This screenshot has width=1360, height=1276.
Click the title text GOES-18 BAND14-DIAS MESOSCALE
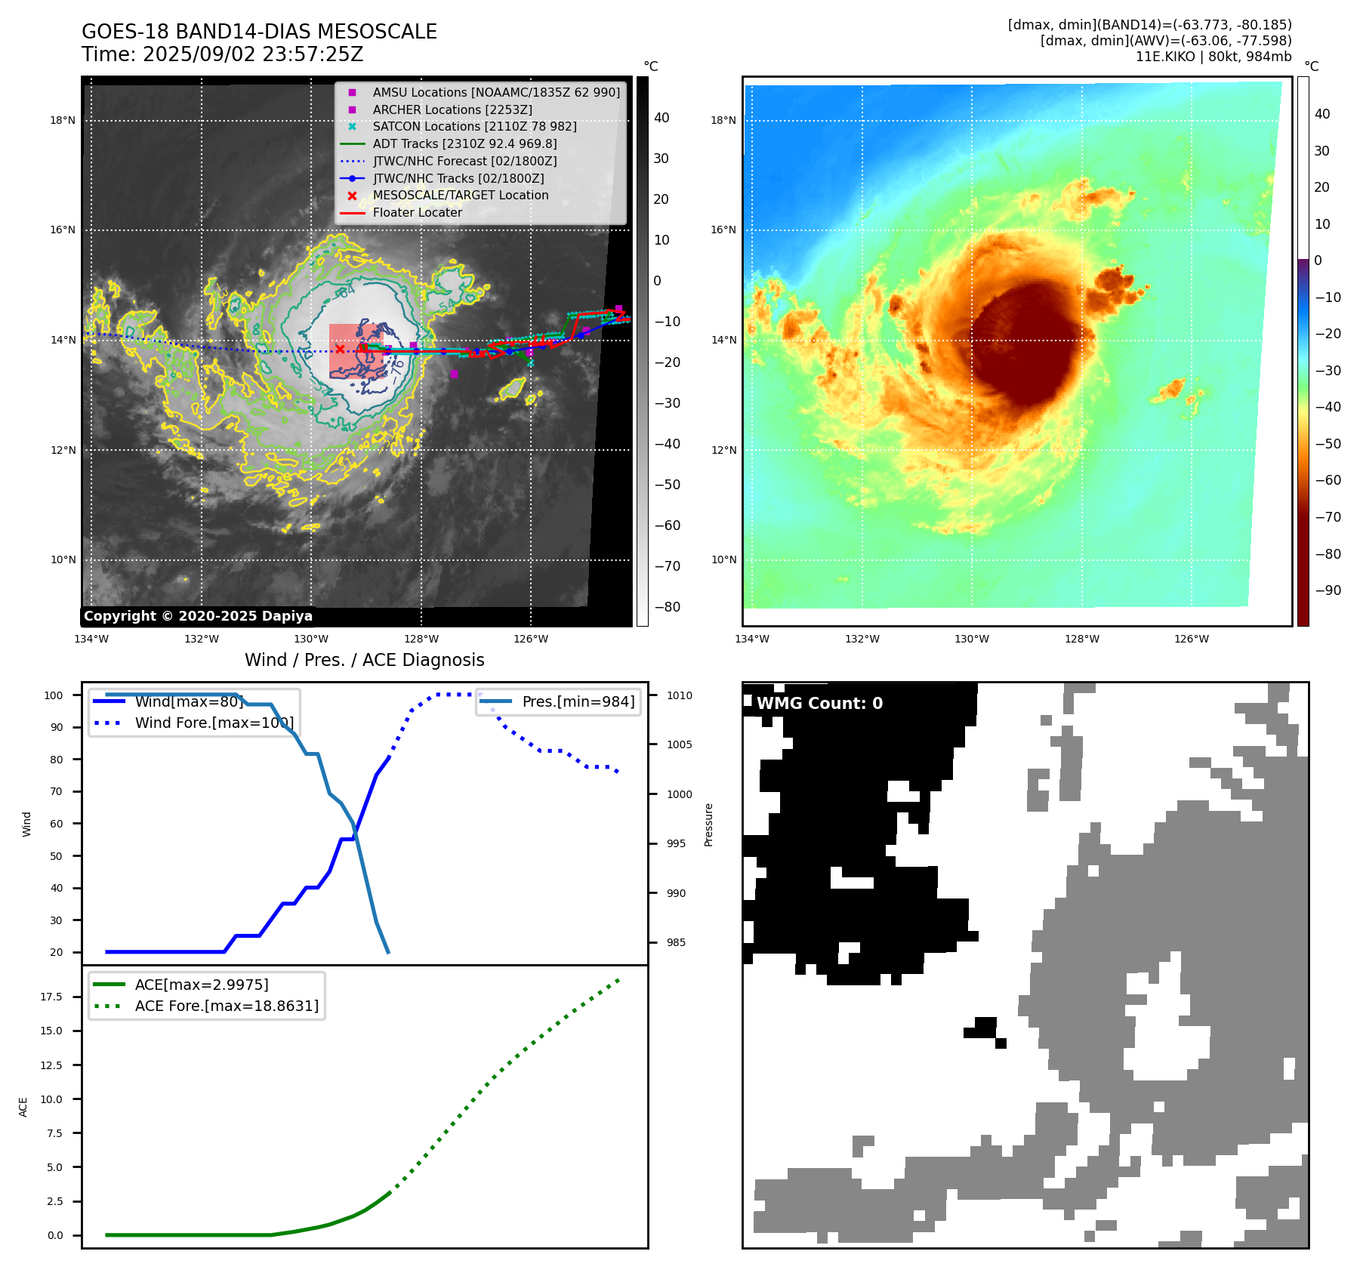pyautogui.click(x=259, y=32)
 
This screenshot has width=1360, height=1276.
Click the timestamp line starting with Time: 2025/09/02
pyautogui.click(x=223, y=54)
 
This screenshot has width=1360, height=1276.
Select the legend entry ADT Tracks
pyautogui.click(x=464, y=143)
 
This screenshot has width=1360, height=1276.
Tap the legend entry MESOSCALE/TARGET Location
pyautogui.click(x=460, y=195)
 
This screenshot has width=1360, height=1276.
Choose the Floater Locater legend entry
pyautogui.click(x=417, y=212)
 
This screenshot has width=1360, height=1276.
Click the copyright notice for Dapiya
pyautogui.click(x=198, y=616)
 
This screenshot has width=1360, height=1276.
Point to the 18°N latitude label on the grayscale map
pyautogui.click(x=63, y=120)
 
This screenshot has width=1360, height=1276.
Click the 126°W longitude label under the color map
pyautogui.click(x=1191, y=639)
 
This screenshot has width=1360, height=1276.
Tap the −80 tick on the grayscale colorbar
pyautogui.click(x=668, y=607)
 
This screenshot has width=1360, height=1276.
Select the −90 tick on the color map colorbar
pyautogui.click(x=1328, y=590)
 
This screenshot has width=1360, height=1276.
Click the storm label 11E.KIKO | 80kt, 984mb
pyautogui.click(x=1213, y=57)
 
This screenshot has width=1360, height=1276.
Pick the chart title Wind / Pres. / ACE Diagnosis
pyautogui.click(x=364, y=660)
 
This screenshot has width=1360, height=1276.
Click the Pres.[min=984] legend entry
pyautogui.click(x=578, y=701)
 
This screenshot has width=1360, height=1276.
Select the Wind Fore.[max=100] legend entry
pyautogui.click(x=214, y=723)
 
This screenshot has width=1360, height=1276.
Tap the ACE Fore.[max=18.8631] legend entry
pyautogui.click(x=227, y=1006)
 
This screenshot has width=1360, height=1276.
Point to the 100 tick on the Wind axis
pyautogui.click(x=54, y=695)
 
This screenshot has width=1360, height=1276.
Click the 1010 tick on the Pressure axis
pyautogui.click(x=679, y=695)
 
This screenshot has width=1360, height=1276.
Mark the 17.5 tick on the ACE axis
pyautogui.click(x=51, y=997)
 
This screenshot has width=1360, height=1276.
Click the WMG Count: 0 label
pyautogui.click(x=819, y=704)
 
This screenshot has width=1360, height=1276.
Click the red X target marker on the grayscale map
pyautogui.click(x=340, y=349)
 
